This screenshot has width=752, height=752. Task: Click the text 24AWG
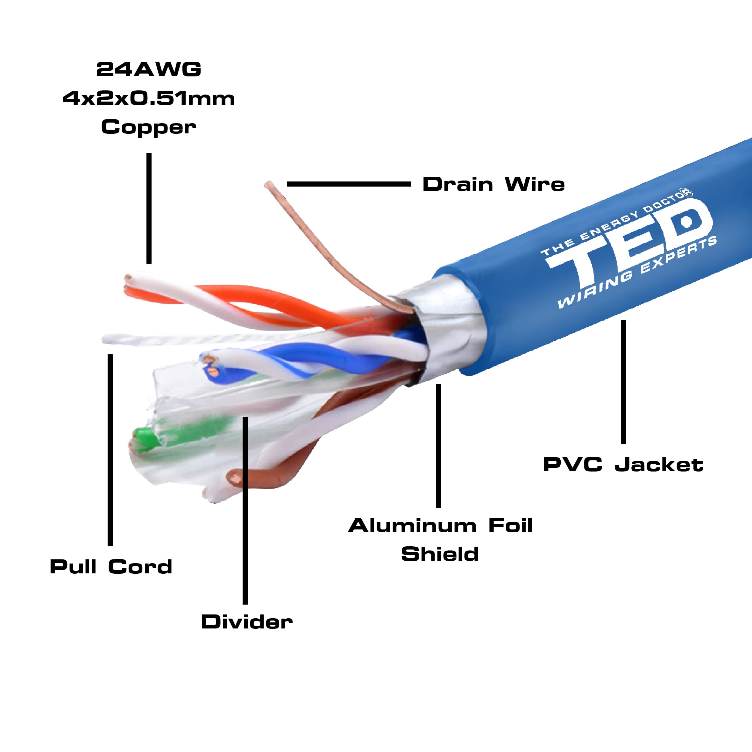click(x=148, y=70)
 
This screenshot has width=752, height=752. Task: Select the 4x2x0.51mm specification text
click(x=148, y=98)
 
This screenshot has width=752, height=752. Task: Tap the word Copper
click(x=148, y=127)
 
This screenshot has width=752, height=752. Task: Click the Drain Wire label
click(x=493, y=184)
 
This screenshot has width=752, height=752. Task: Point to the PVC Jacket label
click(x=623, y=465)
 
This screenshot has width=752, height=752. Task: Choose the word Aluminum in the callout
click(x=412, y=526)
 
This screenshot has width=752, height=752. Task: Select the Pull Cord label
click(x=111, y=567)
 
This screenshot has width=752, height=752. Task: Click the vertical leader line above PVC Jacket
click(x=623, y=381)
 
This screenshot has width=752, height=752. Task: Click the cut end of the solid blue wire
click(x=214, y=373)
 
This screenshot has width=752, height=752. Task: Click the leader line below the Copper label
click(x=149, y=208)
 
